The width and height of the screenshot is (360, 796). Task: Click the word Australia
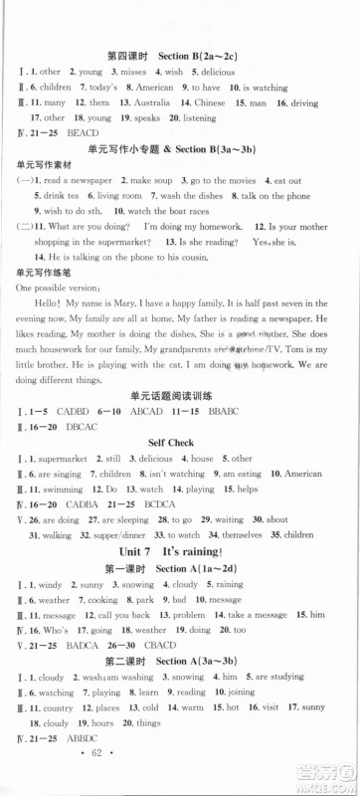click(154, 102)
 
